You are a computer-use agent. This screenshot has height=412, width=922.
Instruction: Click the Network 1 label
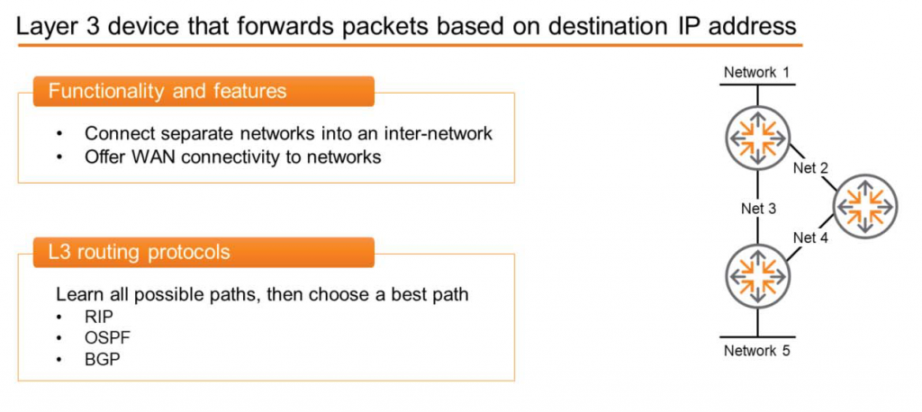tap(756, 72)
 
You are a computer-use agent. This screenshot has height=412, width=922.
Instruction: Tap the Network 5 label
tap(756, 350)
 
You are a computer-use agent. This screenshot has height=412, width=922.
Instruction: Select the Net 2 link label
tap(810, 167)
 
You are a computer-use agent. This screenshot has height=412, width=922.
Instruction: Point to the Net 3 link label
tap(758, 209)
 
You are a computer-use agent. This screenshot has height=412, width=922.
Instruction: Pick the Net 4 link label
tap(810, 237)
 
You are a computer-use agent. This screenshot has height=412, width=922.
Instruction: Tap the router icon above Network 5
tap(756, 276)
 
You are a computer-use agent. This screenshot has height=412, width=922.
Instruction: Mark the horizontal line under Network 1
tap(757, 85)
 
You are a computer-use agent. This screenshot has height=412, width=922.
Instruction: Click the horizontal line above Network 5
tap(757, 335)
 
